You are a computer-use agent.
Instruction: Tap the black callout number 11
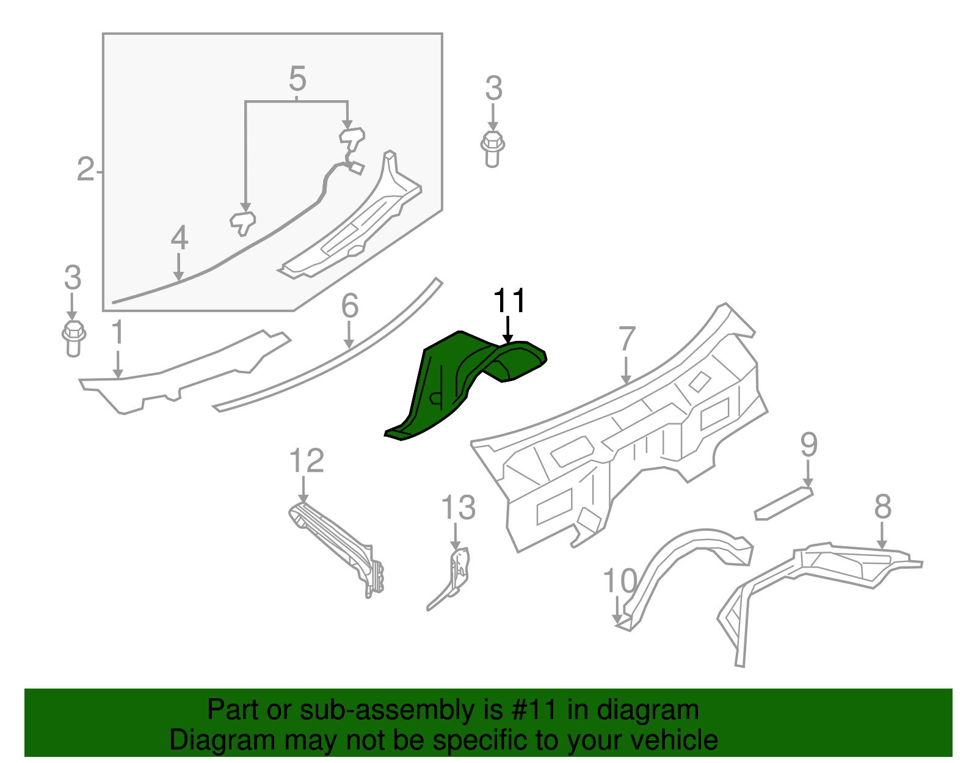coord(509,301)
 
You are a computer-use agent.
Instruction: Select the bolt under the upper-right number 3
coord(492,148)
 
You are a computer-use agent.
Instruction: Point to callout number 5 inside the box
coord(297,79)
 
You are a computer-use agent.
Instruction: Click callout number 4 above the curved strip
coord(179,238)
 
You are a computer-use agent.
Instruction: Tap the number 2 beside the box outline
coord(85,169)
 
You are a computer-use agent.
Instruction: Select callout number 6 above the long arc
coord(349,305)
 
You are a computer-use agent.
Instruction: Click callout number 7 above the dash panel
coord(627,339)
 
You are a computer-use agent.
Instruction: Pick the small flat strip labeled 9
coord(784,503)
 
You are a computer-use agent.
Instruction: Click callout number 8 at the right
coord(882,507)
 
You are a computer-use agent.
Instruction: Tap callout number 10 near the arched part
coord(619,581)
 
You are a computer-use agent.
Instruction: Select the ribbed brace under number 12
coord(336,544)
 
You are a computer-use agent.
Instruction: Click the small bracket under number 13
coord(457,571)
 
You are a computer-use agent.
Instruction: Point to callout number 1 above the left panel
coord(118,334)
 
